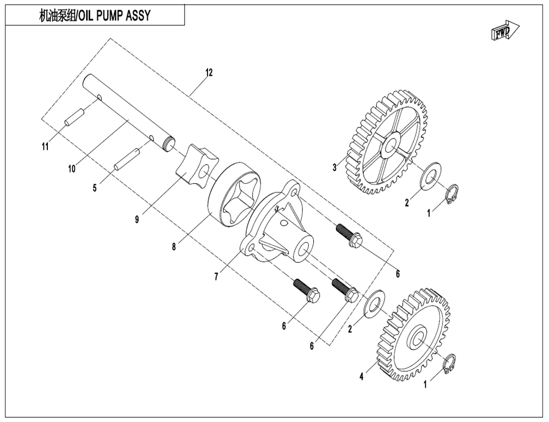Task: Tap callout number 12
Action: click(x=209, y=73)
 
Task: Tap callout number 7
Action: click(x=217, y=277)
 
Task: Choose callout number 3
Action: click(x=334, y=167)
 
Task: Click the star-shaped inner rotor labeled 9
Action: click(x=197, y=164)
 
